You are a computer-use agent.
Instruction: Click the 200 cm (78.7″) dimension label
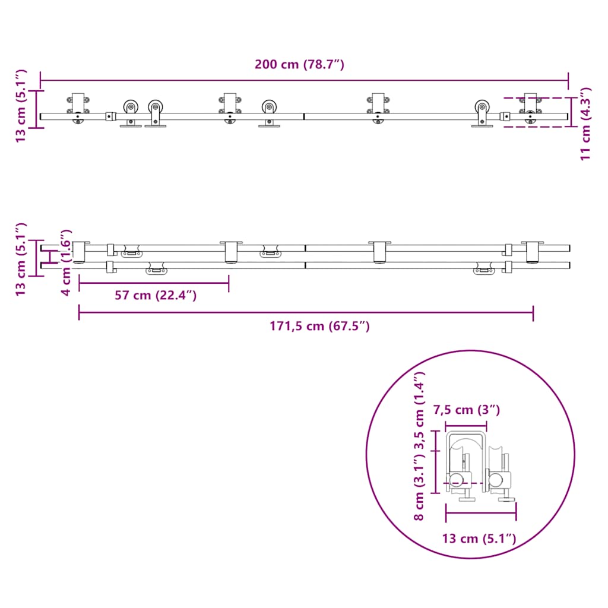pos(299,64)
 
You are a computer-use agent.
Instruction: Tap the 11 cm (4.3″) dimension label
pos(585,123)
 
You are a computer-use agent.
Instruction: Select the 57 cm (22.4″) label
pos(156,296)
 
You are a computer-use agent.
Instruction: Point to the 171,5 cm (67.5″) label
pos(319,326)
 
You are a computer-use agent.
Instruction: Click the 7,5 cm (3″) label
pos(467,410)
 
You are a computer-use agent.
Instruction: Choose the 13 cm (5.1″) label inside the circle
pos(479,539)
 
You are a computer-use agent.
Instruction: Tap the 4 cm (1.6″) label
pos(66,262)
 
